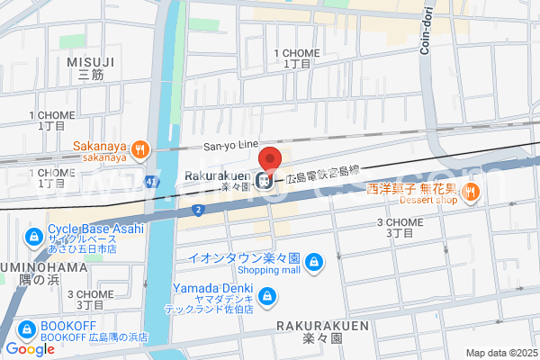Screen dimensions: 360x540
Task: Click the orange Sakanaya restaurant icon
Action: [139, 150]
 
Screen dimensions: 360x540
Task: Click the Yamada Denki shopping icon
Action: [266, 296]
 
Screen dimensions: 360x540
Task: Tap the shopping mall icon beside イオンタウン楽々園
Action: [313, 263]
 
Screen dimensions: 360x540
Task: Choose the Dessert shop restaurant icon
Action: [471, 195]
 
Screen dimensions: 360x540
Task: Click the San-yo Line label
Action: [230, 145]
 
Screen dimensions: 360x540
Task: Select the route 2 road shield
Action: [196, 209]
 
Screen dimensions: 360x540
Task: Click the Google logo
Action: [30, 349]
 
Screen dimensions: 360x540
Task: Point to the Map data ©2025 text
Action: [500, 353]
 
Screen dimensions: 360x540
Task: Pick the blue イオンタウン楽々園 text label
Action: [244, 257]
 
